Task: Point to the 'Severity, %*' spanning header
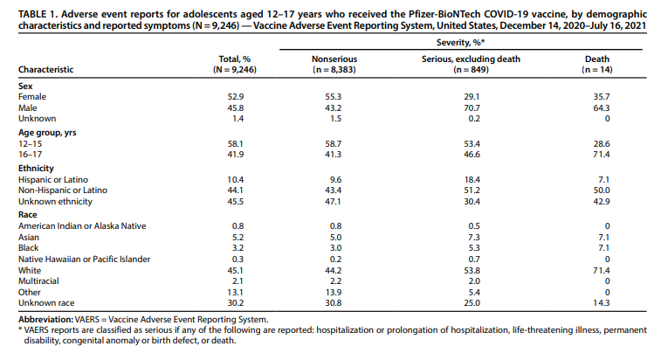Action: coord(460,42)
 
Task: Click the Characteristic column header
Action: coord(45,70)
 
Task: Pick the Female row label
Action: coord(32,97)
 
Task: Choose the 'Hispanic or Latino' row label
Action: coord(53,180)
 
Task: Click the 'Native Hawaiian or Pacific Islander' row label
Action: coord(85,259)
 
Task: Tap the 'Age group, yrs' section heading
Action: coord(47,133)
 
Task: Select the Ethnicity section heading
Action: coord(36,168)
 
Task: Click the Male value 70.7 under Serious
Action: coord(472,108)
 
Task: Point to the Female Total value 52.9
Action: coord(236,97)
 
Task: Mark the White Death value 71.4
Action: coord(602,270)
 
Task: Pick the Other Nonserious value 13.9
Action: coord(334,292)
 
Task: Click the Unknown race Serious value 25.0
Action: coord(472,303)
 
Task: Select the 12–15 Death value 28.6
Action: coord(602,144)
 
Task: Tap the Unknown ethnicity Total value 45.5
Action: coord(236,201)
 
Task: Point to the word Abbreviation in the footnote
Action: coord(45,320)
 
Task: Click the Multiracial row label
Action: coord(38,281)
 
